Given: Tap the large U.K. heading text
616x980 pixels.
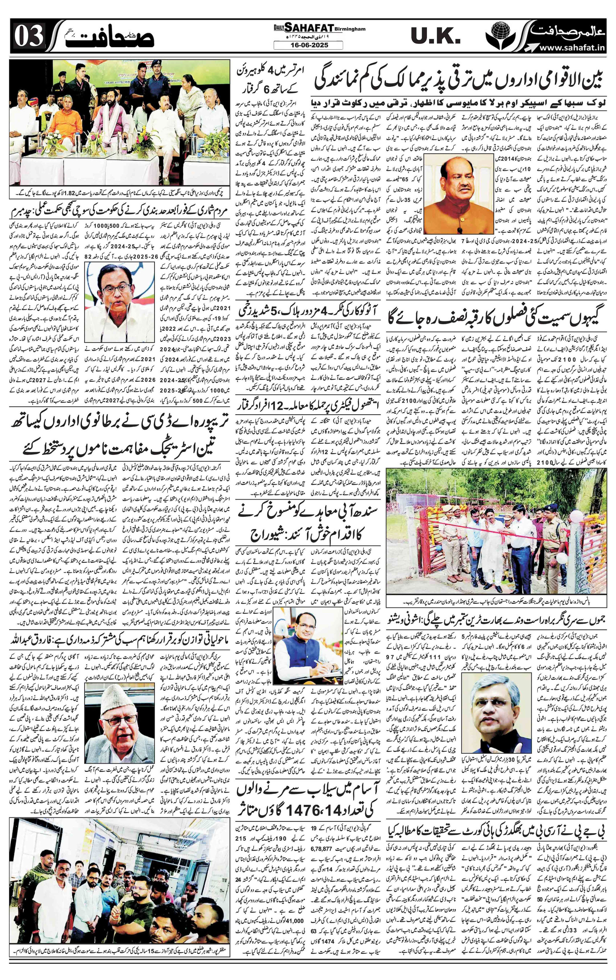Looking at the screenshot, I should click(x=435, y=38).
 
